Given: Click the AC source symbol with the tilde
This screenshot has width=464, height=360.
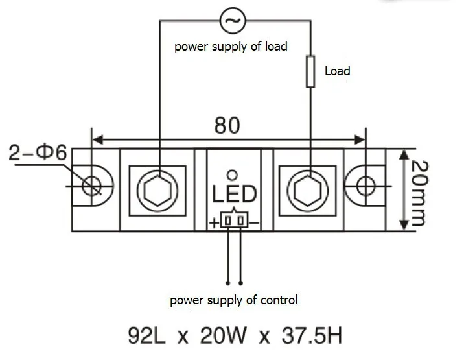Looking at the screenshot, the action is point(233,21).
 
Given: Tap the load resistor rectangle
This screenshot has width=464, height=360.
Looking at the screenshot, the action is point(310,72).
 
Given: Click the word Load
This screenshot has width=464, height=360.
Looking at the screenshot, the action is point(338,71).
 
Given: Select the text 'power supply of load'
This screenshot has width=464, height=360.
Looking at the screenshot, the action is point(231,47).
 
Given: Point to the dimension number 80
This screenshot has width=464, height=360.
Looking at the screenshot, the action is point(227,125).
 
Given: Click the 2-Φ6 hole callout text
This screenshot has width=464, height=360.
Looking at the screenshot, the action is point(38,153).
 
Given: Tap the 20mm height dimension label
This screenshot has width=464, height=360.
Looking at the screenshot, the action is point(419,193).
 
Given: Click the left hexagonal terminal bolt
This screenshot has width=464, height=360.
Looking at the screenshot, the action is point(157,191).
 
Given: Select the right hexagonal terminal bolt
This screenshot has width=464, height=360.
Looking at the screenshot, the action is point(308,191).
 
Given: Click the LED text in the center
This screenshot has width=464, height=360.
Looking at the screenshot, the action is point(235,194).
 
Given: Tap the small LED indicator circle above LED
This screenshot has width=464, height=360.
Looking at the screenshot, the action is point(232,175).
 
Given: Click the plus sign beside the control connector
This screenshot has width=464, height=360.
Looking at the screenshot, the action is point(214,223).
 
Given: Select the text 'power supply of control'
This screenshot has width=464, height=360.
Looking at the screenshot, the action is point(233,300).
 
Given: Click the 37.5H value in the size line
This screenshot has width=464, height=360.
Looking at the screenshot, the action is point(312,336).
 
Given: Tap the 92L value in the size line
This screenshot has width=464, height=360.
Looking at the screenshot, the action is point(146,336).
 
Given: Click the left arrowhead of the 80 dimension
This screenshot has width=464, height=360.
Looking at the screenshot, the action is point(98,139).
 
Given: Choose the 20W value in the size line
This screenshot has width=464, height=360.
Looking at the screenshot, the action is point(224,336).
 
